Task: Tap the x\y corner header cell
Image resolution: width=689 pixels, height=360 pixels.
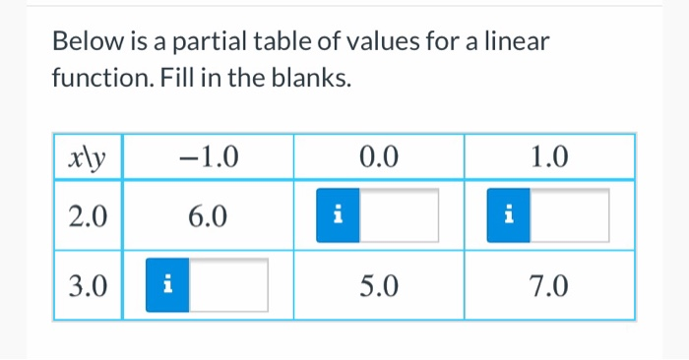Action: pos(88,156)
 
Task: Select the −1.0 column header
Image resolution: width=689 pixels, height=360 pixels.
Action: pos(207,156)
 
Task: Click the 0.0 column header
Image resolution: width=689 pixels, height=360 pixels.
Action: pos(378,156)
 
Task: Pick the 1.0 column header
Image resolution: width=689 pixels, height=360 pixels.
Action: pos(548,156)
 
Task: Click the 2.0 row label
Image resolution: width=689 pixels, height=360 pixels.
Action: pos(88,215)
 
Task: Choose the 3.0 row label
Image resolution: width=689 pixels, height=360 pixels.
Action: pos(88,285)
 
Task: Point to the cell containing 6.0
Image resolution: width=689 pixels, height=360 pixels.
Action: pos(207,215)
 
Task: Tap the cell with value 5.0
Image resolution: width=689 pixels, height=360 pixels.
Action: pos(378,285)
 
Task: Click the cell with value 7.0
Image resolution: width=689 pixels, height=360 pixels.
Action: pos(548,285)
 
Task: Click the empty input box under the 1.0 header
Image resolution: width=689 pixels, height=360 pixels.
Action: pos(569,215)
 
